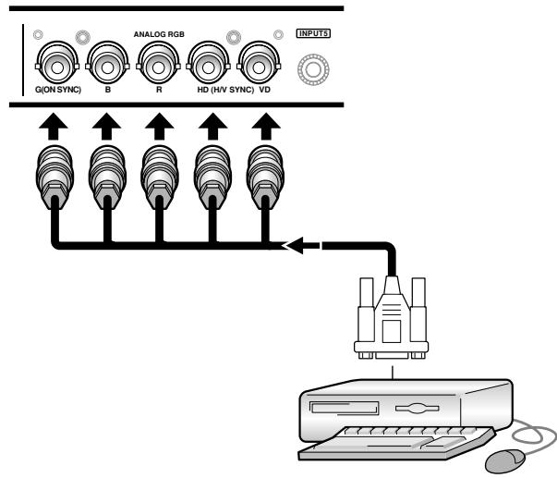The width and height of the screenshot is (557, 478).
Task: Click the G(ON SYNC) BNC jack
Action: point(57,63)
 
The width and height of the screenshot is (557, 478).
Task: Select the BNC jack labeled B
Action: point(108,63)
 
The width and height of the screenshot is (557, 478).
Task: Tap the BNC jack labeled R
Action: point(158,63)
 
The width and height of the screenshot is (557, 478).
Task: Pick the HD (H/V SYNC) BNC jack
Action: point(209,63)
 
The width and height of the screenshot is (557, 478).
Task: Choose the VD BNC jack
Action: point(259,63)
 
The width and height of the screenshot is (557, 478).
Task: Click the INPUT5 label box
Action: point(313,33)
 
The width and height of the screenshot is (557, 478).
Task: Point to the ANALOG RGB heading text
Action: point(159,34)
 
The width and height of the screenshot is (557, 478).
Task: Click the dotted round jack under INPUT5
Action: point(313,69)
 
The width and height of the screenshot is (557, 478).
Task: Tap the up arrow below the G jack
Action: point(54,127)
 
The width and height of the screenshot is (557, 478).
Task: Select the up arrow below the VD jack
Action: point(266,127)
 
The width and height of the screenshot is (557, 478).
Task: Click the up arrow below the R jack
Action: point(160,127)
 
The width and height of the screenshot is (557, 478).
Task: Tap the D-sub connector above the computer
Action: point(392,318)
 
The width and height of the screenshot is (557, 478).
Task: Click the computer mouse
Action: point(505,461)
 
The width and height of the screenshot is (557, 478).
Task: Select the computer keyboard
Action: point(396,443)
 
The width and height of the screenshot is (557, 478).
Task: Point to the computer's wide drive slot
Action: point(344,408)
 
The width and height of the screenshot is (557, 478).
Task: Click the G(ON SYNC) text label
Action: point(58,90)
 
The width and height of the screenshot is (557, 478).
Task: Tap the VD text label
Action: point(265,90)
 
